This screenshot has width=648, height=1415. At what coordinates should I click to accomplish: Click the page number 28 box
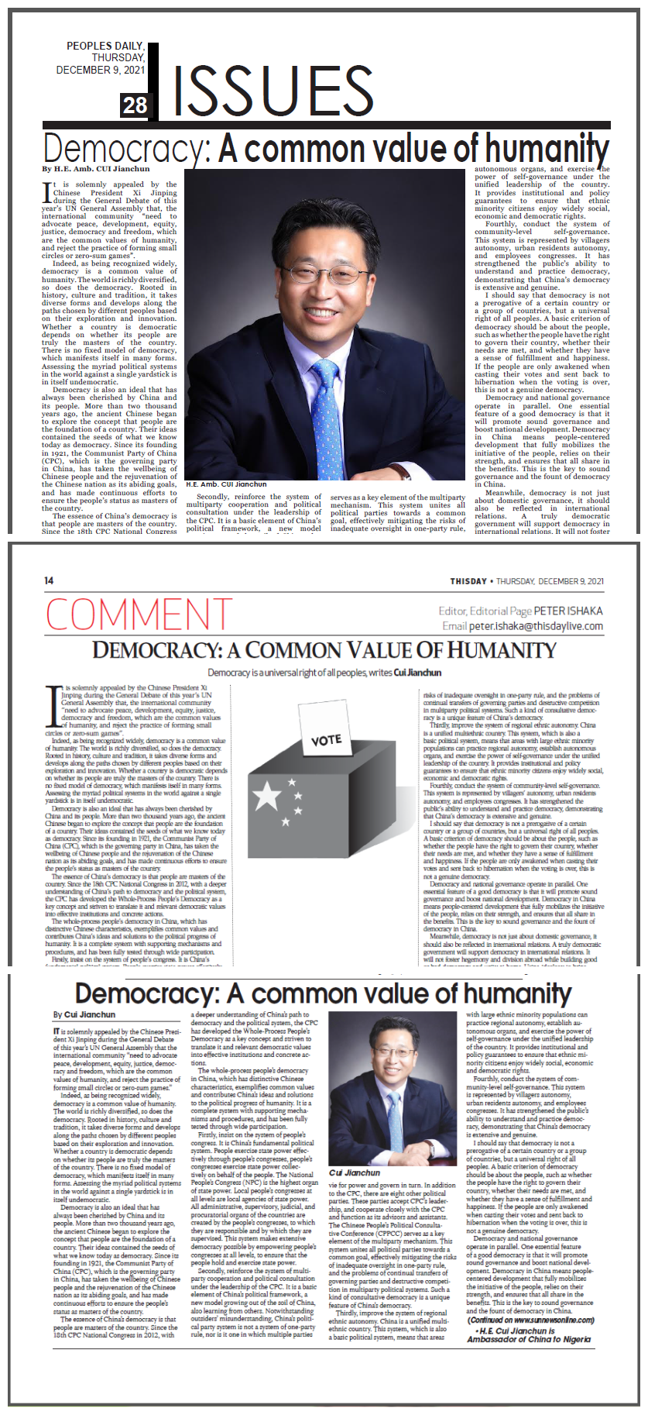click(x=135, y=105)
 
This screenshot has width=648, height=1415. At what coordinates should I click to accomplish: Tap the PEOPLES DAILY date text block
click(x=101, y=58)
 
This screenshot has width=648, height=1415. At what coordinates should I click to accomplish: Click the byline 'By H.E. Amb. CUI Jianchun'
click(x=96, y=169)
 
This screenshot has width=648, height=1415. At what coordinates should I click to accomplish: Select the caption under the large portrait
click(x=226, y=484)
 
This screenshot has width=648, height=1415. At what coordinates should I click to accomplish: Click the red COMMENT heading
click(x=139, y=615)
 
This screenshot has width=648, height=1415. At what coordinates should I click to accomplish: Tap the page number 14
click(x=49, y=580)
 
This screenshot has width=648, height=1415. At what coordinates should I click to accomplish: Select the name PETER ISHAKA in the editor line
click(x=567, y=611)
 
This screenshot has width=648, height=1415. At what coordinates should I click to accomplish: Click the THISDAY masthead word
click(x=468, y=581)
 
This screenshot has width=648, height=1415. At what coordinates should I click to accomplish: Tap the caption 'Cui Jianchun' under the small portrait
click(x=355, y=1172)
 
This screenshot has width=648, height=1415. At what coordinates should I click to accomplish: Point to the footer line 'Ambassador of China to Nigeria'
click(x=529, y=1339)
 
